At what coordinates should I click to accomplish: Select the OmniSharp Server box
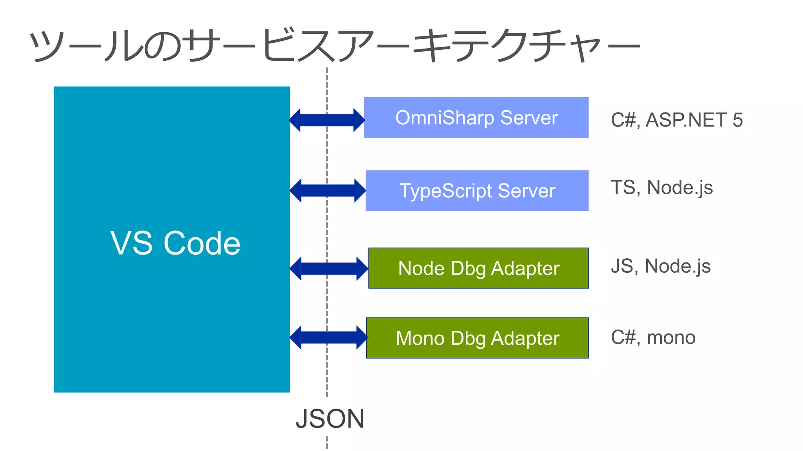[476, 118]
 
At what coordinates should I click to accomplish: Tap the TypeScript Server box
[477, 190]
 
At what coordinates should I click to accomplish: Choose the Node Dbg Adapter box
[478, 268]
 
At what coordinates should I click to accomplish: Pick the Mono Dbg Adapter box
[477, 338]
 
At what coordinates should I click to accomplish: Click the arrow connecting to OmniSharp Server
[327, 120]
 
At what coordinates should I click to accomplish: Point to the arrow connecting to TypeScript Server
[328, 190]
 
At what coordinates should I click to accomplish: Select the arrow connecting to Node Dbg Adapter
[329, 269]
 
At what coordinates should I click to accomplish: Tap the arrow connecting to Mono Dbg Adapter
[329, 337]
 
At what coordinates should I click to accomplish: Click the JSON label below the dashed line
[330, 419]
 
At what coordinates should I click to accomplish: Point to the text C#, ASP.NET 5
[677, 120]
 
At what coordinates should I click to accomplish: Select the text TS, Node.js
[662, 188]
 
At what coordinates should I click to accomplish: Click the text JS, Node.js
[661, 266]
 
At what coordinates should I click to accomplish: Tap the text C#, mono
[653, 337]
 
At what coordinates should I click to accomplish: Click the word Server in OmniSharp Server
[529, 118]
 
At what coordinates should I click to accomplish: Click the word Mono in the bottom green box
[420, 338]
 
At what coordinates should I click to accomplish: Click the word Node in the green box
[421, 268]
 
